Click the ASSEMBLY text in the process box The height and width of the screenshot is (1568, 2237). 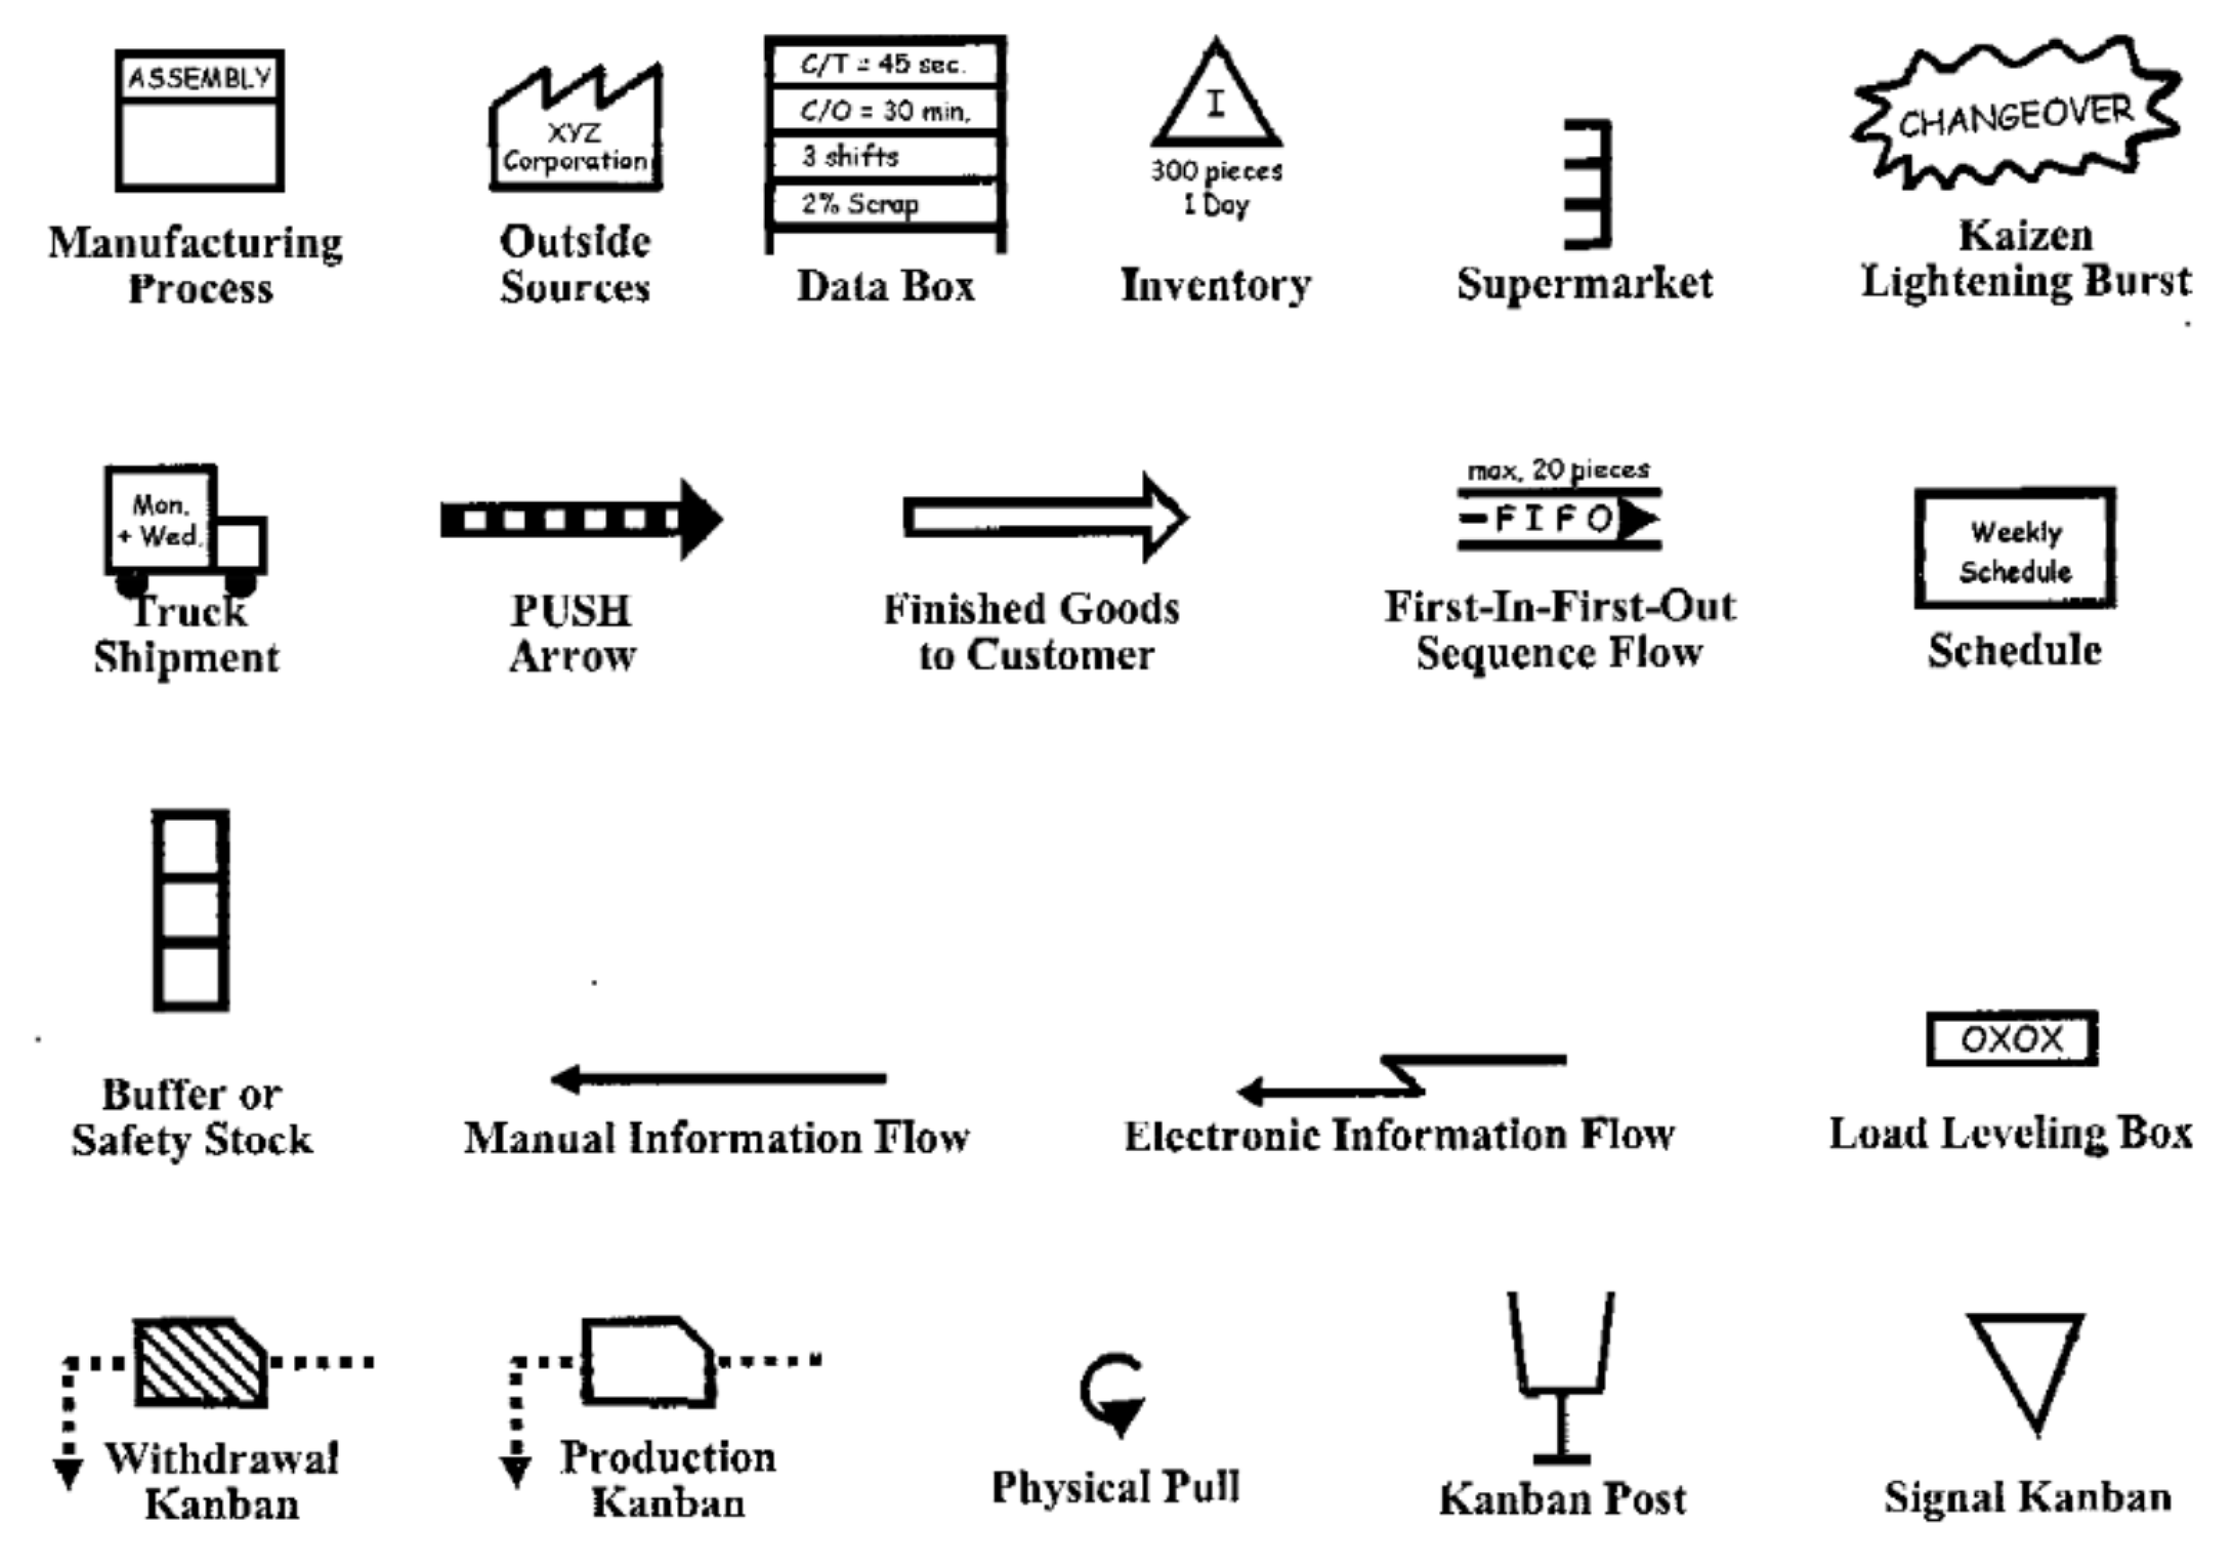pos(200,78)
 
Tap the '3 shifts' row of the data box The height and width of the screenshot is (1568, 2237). pos(884,157)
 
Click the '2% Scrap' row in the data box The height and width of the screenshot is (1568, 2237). pos(884,204)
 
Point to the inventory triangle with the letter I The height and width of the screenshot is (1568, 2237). pos(1215,102)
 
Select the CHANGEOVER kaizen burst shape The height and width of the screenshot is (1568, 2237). pos(2015,115)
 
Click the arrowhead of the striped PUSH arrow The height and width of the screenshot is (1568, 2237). pos(700,519)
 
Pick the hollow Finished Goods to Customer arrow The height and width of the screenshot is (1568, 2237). pos(1042,517)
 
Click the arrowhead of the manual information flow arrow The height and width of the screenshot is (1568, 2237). pos(565,1079)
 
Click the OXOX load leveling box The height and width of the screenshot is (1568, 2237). pos(2011,1039)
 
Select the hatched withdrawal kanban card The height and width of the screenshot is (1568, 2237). pos(200,1362)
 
